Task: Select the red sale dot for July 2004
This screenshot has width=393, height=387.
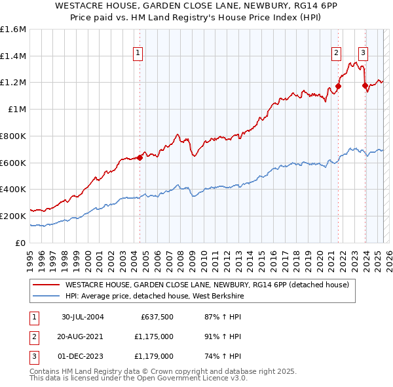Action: click(x=140, y=157)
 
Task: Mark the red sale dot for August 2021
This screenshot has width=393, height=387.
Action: click(x=339, y=86)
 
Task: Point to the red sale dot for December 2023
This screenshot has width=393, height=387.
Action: click(x=365, y=85)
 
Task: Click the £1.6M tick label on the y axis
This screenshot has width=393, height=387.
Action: click(x=13, y=30)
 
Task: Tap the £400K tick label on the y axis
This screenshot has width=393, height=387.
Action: click(x=13, y=189)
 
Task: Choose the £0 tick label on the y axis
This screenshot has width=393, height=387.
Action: click(x=21, y=243)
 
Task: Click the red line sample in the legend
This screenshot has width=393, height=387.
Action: click(x=45, y=285)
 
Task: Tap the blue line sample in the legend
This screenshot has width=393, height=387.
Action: click(x=45, y=296)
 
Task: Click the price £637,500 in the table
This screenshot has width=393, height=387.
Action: click(x=157, y=317)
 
